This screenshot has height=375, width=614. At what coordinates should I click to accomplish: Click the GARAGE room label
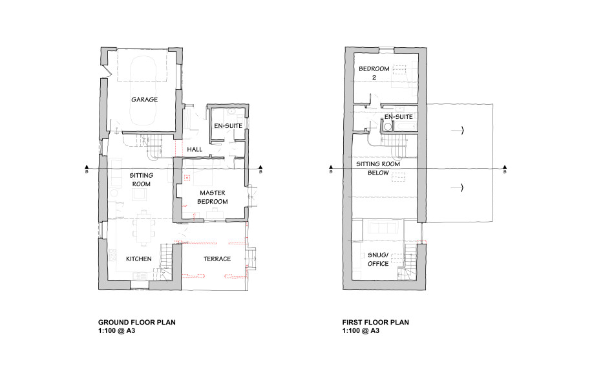(145, 100)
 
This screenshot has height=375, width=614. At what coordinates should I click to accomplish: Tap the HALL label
(195, 149)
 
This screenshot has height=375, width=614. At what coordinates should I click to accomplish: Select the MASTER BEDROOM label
(213, 197)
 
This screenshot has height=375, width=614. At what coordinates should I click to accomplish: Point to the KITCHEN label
(138, 259)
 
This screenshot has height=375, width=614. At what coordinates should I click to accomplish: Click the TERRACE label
(217, 259)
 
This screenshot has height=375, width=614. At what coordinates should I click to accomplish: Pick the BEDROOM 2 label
(374, 73)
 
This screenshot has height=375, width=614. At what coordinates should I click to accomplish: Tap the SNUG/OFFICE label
(378, 259)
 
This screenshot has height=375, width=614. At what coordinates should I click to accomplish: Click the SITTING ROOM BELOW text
(378, 169)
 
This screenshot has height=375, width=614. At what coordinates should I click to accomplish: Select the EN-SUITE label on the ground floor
(228, 126)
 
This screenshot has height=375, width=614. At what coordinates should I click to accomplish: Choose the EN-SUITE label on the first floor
(398, 117)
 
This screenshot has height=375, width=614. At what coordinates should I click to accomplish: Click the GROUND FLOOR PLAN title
(136, 323)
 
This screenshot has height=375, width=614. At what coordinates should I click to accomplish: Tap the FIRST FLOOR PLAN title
(376, 323)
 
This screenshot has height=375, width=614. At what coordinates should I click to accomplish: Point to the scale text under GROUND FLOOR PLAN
(117, 331)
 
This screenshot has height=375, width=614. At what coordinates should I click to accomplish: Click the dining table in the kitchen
(145, 228)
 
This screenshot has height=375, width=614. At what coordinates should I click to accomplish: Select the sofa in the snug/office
(384, 228)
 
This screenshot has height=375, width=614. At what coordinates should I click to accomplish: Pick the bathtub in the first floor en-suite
(405, 127)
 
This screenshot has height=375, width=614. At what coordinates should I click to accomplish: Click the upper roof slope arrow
(457, 130)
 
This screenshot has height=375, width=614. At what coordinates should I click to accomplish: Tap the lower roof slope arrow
(457, 188)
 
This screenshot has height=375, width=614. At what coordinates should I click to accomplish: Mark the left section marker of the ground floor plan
(87, 169)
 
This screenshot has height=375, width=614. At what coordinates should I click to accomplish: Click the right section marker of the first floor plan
(505, 169)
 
